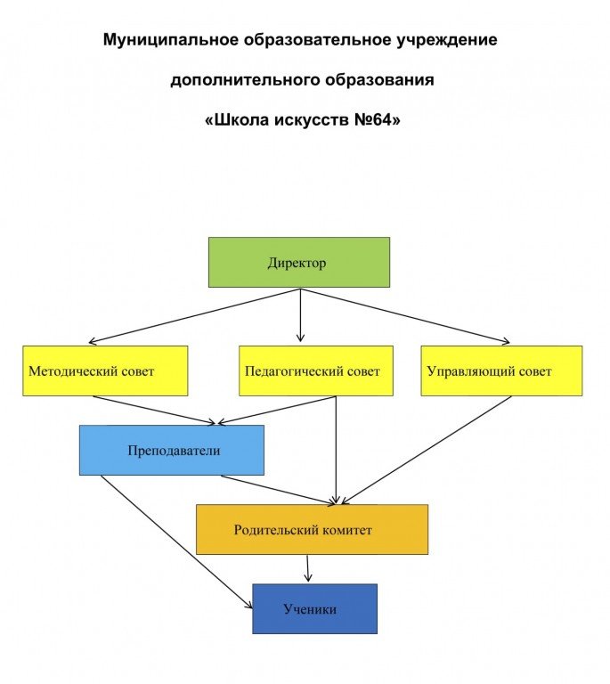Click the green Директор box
[x=298, y=262]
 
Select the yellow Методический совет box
[x=105, y=370]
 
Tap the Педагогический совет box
[x=316, y=370]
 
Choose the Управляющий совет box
[x=501, y=370]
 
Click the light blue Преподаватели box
[x=171, y=450]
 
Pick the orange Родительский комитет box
[x=312, y=529]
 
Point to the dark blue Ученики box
[x=314, y=608]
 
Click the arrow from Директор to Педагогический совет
[x=300, y=316]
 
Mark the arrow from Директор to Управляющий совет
[x=405, y=316]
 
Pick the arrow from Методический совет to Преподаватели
[x=156, y=410]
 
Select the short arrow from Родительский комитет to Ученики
[x=308, y=568]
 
